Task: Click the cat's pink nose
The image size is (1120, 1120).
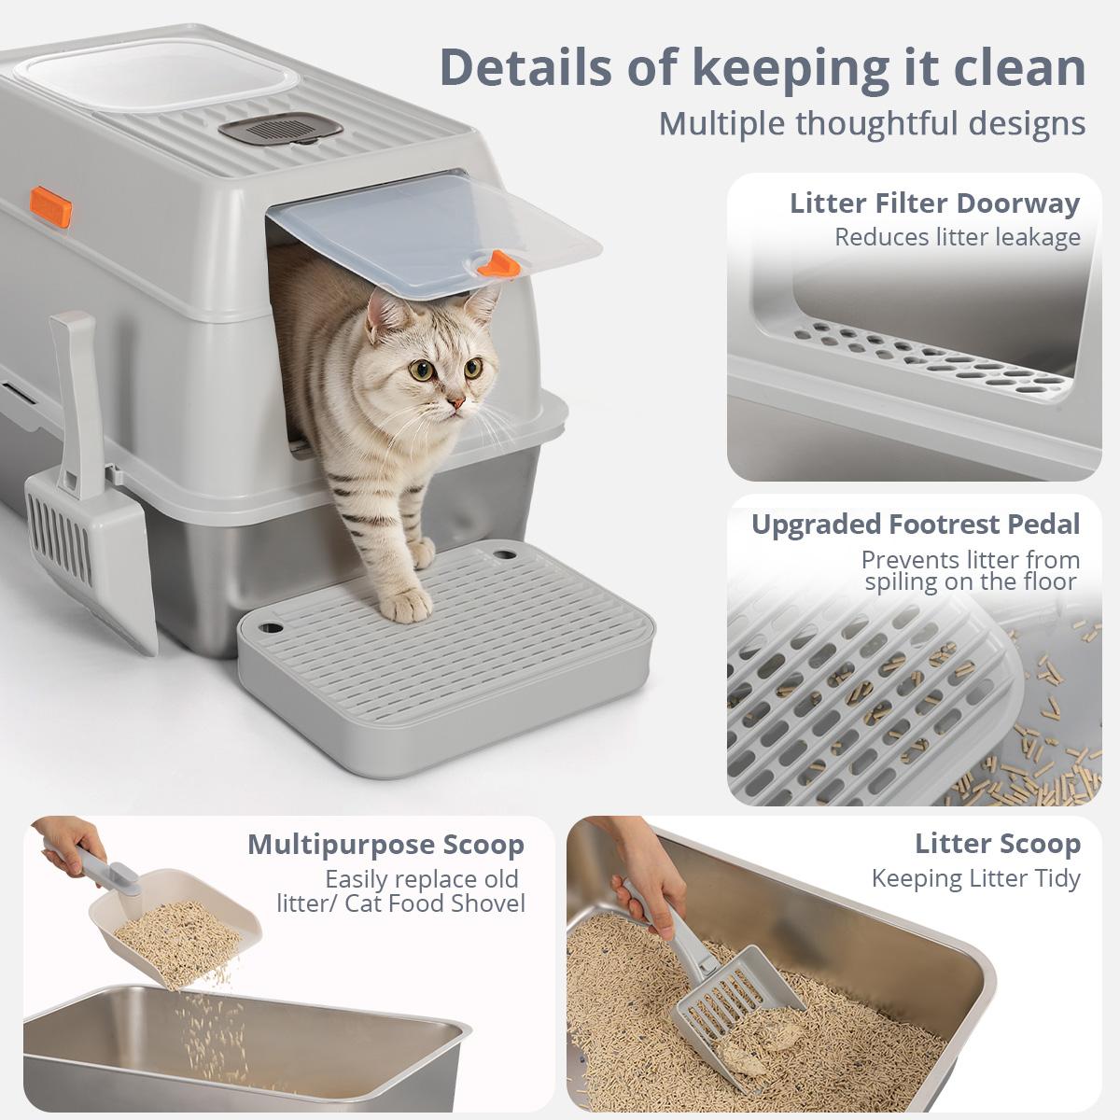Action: click(x=456, y=402)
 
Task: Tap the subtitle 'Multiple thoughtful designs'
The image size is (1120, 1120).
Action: click(x=872, y=123)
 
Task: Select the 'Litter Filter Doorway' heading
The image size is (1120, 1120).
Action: click(x=934, y=203)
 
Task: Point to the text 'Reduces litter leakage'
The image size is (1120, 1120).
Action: click(x=957, y=237)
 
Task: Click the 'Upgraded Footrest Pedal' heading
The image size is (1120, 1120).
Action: click(x=915, y=524)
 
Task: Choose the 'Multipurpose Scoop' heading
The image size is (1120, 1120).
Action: click(x=385, y=844)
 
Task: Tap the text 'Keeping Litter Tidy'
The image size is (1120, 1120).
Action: click(x=975, y=878)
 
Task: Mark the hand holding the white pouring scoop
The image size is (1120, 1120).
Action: click(x=70, y=835)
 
